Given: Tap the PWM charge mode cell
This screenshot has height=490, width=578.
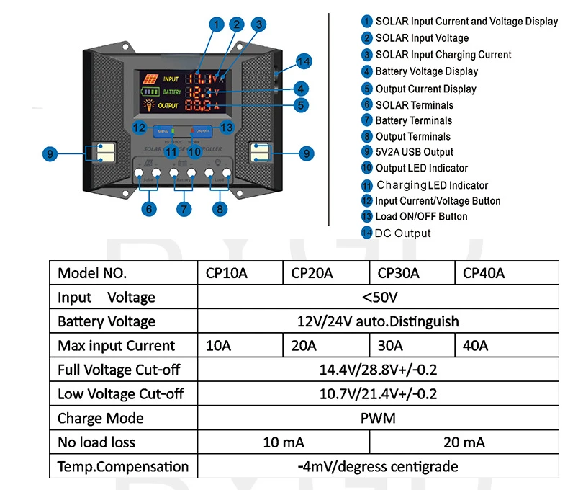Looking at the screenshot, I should pos(378,418).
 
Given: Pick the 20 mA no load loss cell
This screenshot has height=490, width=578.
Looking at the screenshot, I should pos(464,442).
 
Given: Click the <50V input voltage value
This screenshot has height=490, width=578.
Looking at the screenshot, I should pos(378,297).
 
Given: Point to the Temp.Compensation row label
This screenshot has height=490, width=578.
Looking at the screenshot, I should pos(122,466).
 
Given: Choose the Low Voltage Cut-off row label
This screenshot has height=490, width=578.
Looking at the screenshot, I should pos(120,393).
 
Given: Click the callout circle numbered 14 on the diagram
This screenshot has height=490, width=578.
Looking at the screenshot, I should pos(304,62).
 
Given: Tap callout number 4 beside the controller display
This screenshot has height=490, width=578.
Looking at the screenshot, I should pos(302,89).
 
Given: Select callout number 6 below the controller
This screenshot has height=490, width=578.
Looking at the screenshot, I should pos(149,209).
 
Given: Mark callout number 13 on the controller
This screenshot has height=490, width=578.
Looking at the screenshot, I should pos(226,128).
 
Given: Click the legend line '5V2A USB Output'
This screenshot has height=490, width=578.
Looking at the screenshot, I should pos(414,152).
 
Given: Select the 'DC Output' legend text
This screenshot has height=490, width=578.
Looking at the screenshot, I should pos(402,233).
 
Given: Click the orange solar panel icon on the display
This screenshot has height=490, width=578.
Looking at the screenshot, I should pos(150,79).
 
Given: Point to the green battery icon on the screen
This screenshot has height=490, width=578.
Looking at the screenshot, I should pos(150,92).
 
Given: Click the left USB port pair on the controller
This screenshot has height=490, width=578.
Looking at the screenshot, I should pos(99,153).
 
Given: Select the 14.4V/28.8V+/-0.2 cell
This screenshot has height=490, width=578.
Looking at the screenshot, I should pos(378,370).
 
